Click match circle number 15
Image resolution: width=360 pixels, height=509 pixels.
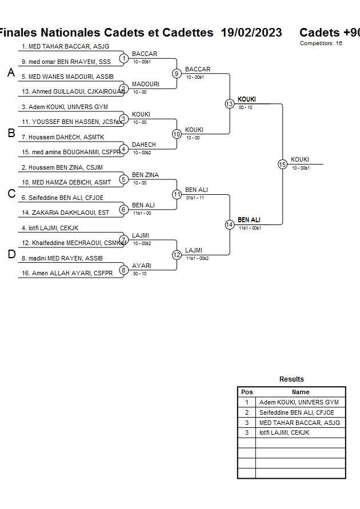click(282, 164)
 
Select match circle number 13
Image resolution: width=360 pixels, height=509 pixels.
click(230, 104)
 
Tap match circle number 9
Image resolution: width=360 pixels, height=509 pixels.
click(177, 74)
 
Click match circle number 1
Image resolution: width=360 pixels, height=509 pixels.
click(123, 58)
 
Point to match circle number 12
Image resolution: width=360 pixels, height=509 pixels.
click(177, 255)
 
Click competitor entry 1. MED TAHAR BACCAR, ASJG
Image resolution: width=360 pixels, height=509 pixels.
click(65, 46)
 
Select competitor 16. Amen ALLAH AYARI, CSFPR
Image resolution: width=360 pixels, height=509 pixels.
click(67, 274)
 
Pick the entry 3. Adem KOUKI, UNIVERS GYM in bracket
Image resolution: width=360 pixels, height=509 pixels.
click(65, 107)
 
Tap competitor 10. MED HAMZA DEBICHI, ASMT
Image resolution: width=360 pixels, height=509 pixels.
click(66, 182)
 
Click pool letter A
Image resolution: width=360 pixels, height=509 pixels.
click(11, 73)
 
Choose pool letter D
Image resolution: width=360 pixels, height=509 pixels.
click(11, 255)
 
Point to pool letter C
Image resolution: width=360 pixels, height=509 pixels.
click(11, 194)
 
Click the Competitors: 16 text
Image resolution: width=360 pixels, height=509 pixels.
click(321, 43)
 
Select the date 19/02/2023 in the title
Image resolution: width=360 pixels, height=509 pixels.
click(251, 33)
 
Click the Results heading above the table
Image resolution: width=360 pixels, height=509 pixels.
click(291, 379)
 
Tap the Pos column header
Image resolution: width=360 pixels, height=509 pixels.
click(247, 392)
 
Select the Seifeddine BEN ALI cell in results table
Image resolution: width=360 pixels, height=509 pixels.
click(297, 412)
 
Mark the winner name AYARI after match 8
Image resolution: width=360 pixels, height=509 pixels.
click(141, 266)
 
